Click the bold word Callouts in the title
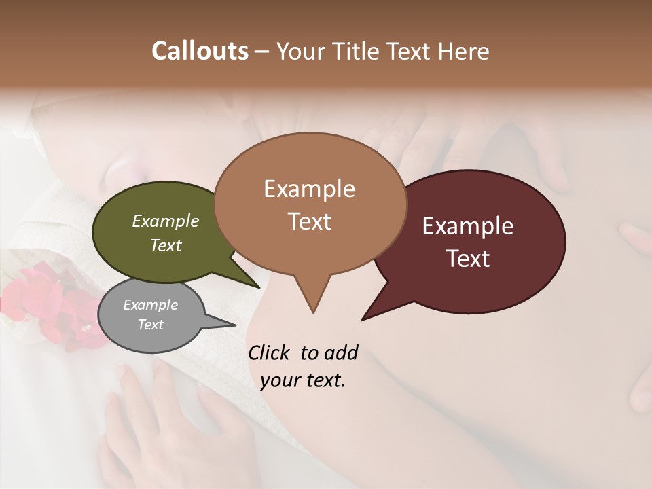[x=200, y=51]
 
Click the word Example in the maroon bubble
[x=468, y=226]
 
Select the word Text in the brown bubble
[x=310, y=221]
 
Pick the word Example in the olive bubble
[x=165, y=221]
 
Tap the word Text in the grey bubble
[x=151, y=325]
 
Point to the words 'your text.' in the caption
[x=303, y=380]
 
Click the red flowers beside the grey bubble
[x=48, y=302]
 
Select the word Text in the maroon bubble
[x=469, y=259]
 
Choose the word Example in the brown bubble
[x=309, y=189]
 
